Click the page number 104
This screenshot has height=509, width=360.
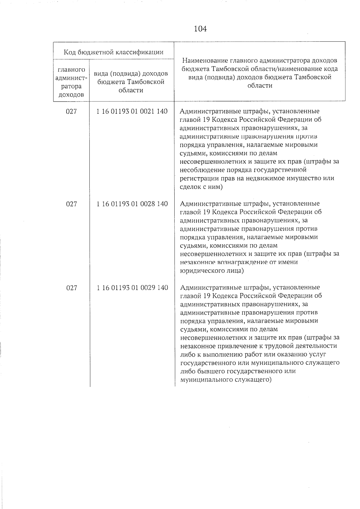click(200, 29)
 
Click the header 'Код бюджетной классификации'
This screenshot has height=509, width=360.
click(114, 52)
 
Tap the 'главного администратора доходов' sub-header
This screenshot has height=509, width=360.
click(71, 82)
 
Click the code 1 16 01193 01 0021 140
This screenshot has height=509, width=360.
click(132, 111)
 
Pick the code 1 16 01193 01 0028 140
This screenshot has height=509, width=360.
click(132, 204)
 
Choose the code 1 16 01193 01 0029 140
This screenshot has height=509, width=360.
click(132, 288)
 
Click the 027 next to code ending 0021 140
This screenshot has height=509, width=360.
click(71, 111)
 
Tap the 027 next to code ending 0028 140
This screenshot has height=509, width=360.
click(71, 204)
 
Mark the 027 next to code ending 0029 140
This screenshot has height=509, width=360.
click(71, 288)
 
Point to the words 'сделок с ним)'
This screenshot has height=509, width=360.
click(201, 187)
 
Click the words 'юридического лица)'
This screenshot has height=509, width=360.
click(211, 271)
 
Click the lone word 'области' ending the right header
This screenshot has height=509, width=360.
click(260, 85)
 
